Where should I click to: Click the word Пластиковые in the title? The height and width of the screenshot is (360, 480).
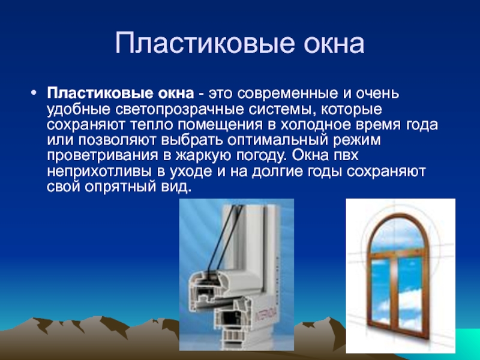[x=205, y=43]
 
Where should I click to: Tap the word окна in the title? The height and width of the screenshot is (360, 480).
[x=334, y=43]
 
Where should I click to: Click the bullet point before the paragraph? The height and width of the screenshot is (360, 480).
[x=34, y=92]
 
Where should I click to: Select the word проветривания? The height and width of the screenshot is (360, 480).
[x=103, y=155]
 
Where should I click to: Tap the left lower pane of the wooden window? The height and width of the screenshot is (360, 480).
[x=382, y=291]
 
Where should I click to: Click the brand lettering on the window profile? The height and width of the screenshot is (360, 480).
[x=266, y=316]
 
